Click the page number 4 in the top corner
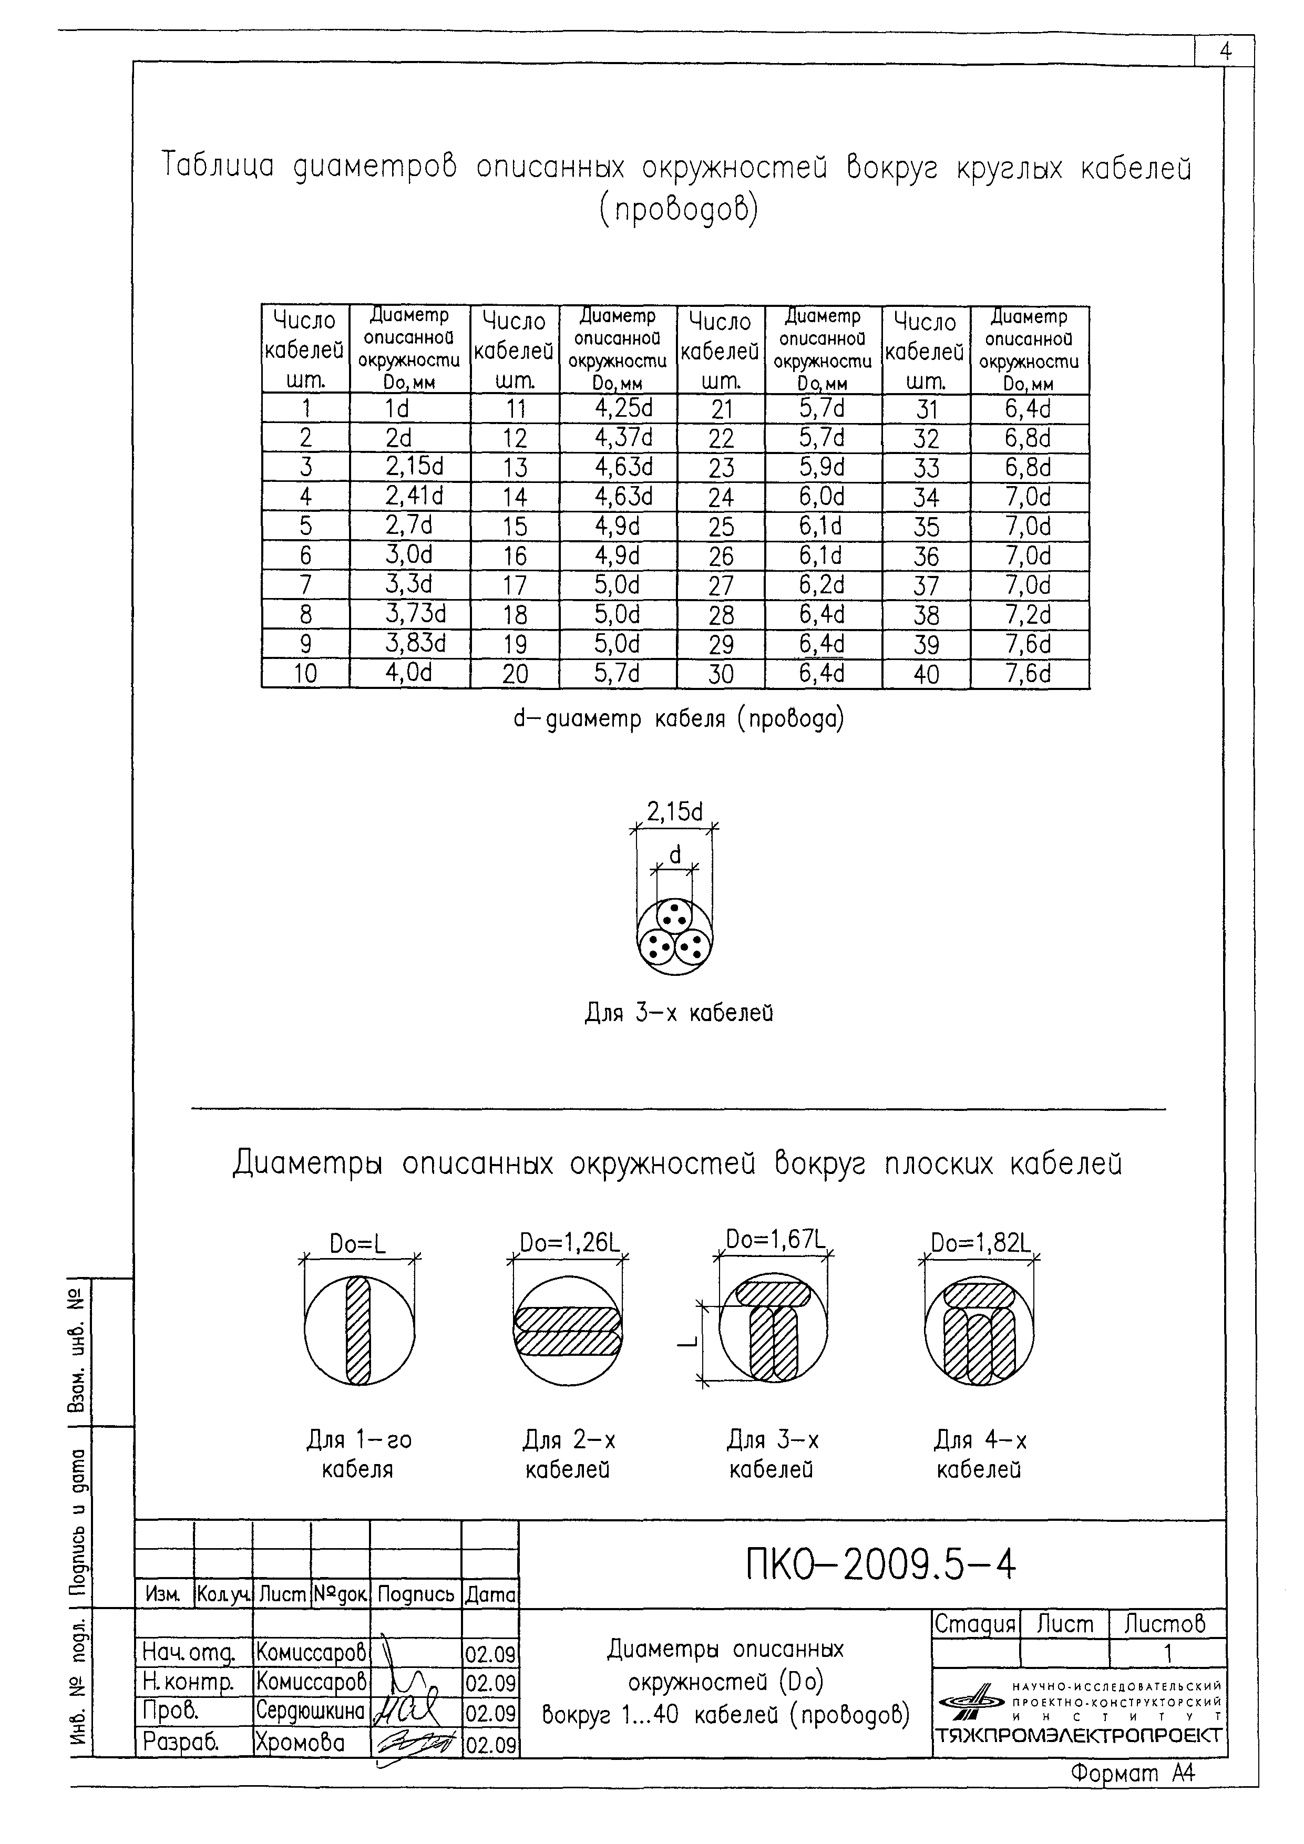1225,52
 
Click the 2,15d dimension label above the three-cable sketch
674,812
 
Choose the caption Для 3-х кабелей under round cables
679,1014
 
